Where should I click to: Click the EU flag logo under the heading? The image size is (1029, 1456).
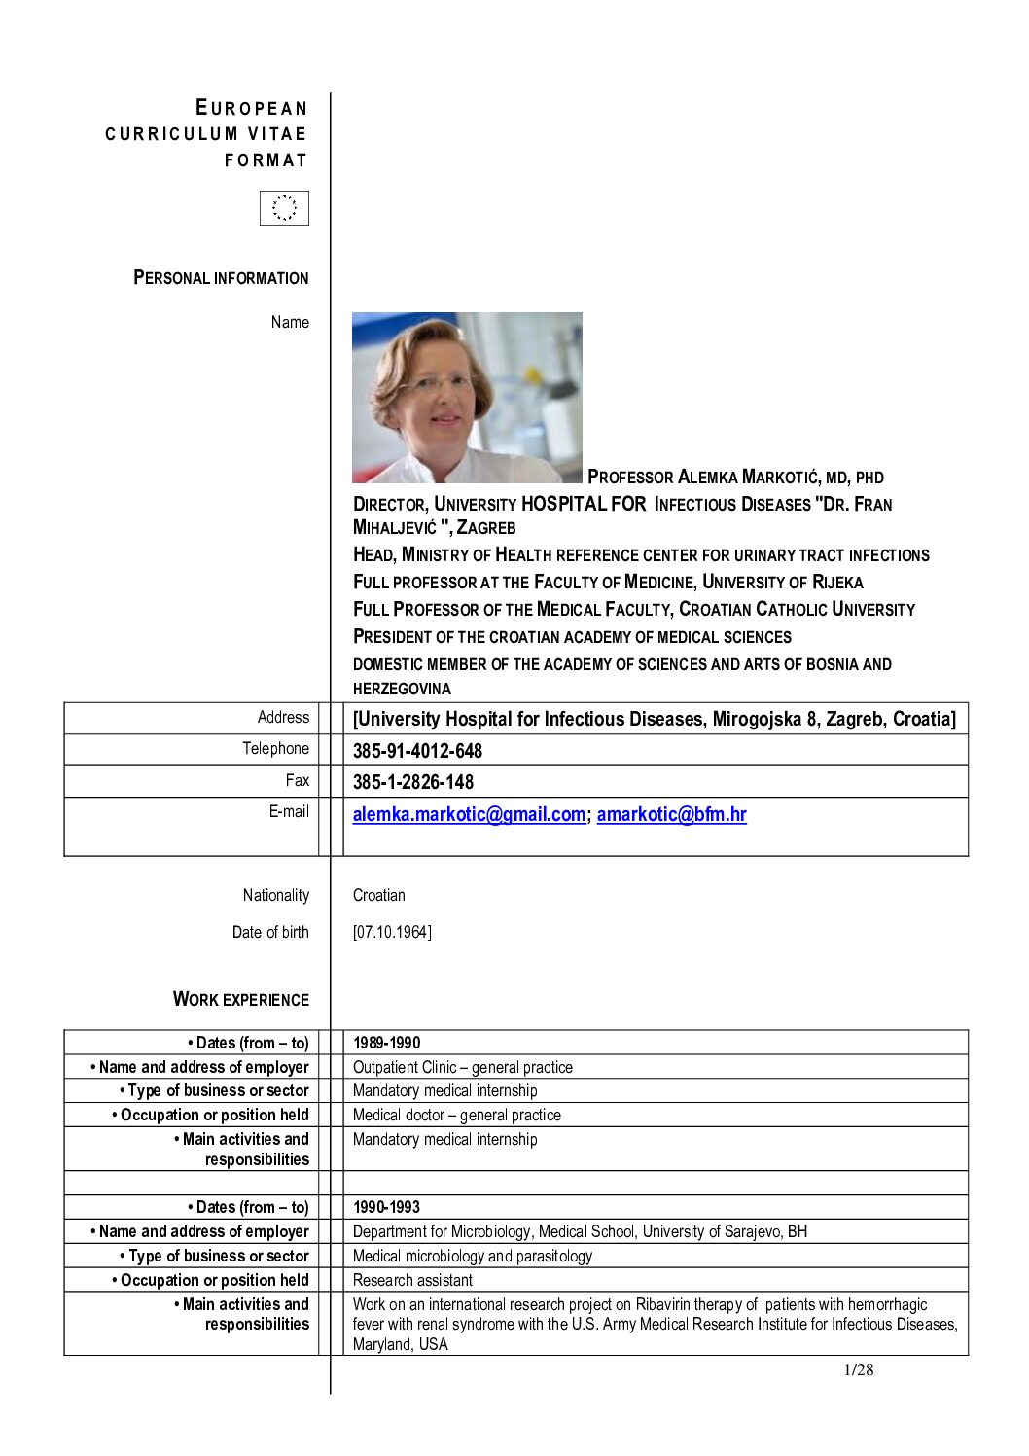[284, 208]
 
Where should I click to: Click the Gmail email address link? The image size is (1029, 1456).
[469, 815]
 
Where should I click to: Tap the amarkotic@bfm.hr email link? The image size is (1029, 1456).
[671, 815]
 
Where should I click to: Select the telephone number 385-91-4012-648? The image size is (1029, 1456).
[417, 751]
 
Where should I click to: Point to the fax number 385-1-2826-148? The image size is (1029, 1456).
[413, 782]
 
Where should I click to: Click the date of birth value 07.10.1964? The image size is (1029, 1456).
[392, 932]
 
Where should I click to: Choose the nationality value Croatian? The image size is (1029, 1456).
[379, 895]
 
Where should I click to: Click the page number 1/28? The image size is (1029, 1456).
[858, 1370]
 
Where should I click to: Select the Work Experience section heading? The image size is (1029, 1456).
[240, 999]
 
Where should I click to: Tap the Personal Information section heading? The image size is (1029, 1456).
[221, 278]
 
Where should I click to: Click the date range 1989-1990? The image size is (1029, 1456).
[387, 1043]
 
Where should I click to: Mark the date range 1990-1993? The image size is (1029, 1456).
[387, 1207]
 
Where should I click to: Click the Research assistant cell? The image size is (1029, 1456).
[412, 1280]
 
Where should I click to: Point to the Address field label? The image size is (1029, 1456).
[283, 718]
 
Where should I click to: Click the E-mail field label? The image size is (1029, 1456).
[289, 811]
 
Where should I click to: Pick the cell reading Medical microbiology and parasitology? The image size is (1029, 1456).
[473, 1256]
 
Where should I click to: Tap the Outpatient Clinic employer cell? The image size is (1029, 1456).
[463, 1067]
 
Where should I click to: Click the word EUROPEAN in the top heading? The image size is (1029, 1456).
[252, 108]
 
